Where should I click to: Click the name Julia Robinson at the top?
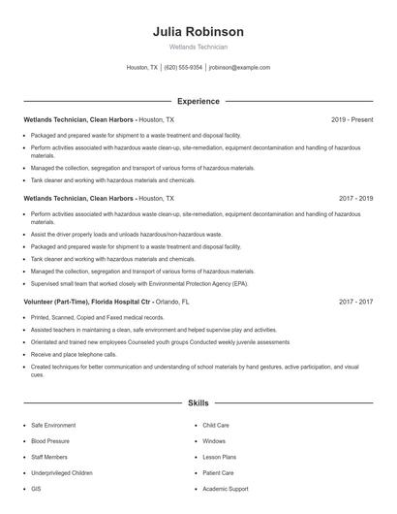click(198, 31)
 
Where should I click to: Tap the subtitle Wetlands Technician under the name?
click(198, 47)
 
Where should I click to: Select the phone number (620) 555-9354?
click(183, 68)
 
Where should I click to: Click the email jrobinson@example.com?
click(239, 68)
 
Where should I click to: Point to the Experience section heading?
click(198, 101)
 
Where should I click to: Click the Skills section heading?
click(198, 402)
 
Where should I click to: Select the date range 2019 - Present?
click(351, 119)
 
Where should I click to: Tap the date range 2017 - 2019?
click(356, 198)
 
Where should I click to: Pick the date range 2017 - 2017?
click(356, 302)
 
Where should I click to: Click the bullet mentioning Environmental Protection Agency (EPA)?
click(139, 284)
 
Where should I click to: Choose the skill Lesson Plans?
click(220, 457)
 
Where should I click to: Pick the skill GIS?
click(36, 489)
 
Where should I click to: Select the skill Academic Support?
click(226, 489)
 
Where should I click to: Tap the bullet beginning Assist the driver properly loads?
click(126, 235)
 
